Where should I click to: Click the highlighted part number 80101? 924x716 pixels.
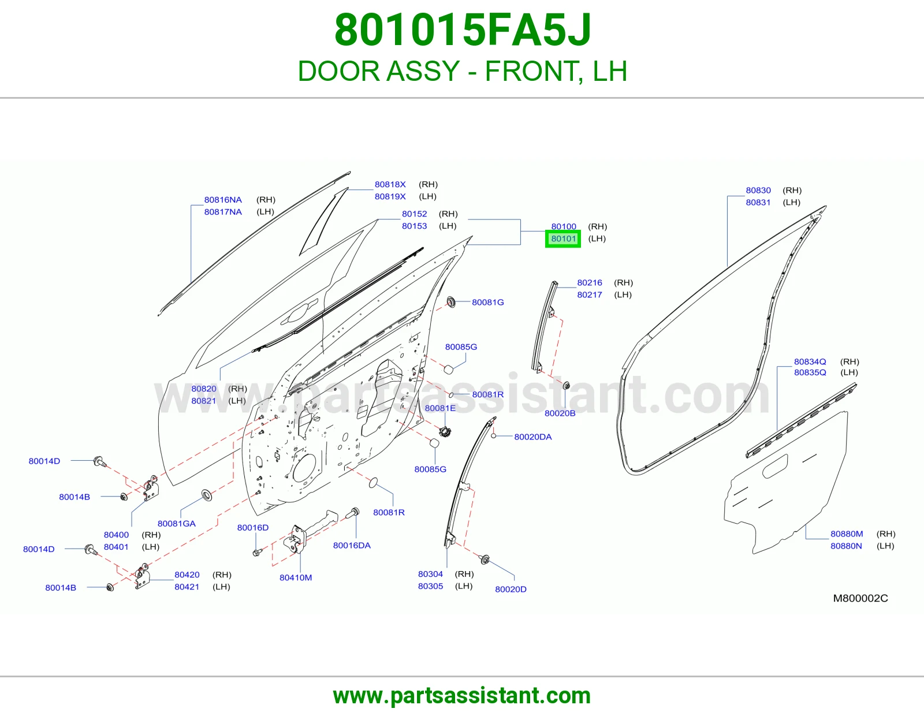563,238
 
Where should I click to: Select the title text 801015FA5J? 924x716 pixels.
463,30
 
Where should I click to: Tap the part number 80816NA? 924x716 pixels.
223,199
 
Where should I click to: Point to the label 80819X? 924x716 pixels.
390,196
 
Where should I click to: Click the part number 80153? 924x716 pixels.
414,226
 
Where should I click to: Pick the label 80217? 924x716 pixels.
590,294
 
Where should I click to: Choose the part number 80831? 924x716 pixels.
758,202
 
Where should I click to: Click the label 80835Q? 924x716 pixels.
810,372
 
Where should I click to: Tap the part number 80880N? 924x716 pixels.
846,546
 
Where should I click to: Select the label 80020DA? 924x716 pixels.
533,437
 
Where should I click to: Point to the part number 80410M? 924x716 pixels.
296,577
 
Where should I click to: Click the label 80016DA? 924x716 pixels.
352,545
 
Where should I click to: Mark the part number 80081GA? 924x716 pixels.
177,523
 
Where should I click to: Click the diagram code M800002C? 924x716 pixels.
860,598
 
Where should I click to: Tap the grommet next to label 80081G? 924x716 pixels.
450,303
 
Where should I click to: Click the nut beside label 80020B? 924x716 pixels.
566,386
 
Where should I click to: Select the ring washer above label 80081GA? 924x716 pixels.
207,495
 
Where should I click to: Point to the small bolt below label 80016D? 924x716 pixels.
257,553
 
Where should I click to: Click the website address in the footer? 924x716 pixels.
462,696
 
